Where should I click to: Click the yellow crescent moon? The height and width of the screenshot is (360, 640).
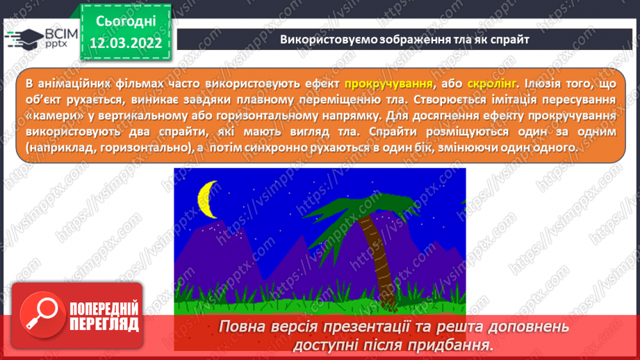(205, 199)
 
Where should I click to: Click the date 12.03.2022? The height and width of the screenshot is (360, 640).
(126, 43)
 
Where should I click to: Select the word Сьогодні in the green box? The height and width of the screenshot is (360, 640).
(126, 22)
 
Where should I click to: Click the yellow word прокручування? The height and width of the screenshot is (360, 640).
(388, 83)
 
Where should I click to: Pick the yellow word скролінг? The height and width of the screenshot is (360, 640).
(492, 83)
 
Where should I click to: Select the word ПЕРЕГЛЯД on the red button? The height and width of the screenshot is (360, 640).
(104, 325)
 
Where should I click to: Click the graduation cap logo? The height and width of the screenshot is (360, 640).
(24, 40)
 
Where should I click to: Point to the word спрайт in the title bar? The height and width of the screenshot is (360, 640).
(510, 40)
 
